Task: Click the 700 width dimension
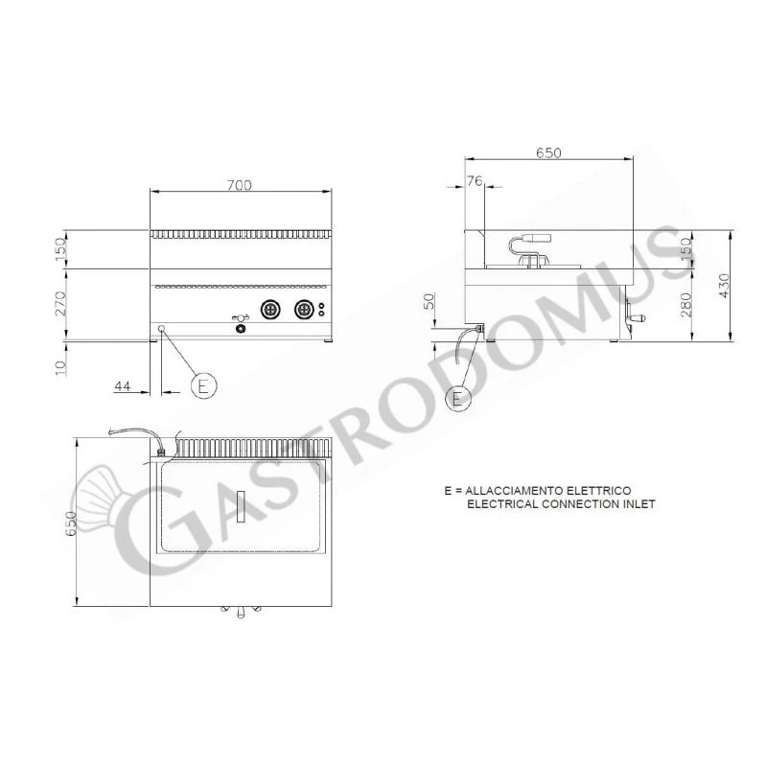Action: (x=240, y=184)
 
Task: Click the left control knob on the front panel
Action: (x=270, y=309)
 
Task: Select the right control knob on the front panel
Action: (x=305, y=309)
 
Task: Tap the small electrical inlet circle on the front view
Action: (x=161, y=329)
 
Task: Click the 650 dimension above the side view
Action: (x=547, y=152)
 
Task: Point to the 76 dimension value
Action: (x=475, y=180)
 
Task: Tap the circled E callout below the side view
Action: (x=459, y=396)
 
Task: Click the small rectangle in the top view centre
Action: (x=242, y=505)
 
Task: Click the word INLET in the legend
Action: (x=638, y=504)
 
